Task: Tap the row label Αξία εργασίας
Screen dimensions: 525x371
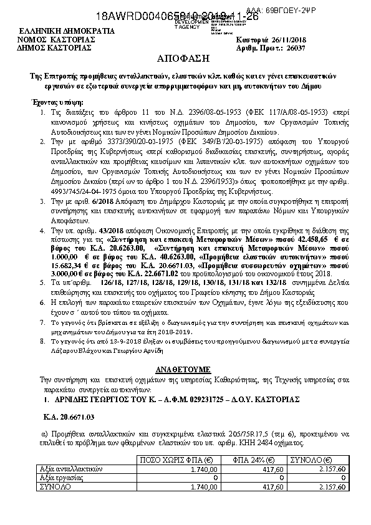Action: coord(60,477)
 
